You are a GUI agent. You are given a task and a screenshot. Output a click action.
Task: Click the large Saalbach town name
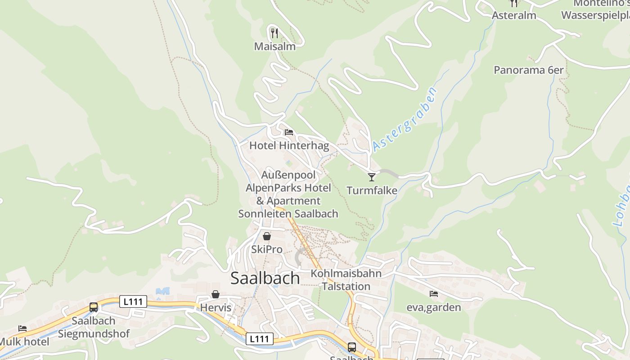click(265, 278)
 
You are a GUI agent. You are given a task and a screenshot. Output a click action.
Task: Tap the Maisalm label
click(274, 46)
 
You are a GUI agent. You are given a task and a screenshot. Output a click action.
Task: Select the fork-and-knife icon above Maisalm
click(274, 33)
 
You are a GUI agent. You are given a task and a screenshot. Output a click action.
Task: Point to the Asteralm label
click(514, 15)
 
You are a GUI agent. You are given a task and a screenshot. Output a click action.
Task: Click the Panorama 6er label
click(528, 70)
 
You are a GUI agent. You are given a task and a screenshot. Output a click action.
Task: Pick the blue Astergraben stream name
click(405, 119)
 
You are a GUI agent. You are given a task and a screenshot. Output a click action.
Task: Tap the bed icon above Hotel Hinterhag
click(289, 132)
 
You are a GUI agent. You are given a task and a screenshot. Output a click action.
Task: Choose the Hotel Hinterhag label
click(289, 146)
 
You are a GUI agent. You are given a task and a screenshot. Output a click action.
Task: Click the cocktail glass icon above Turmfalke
click(372, 177)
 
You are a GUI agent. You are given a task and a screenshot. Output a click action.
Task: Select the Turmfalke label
click(372, 191)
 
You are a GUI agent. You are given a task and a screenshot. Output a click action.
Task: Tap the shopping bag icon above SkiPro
click(267, 236)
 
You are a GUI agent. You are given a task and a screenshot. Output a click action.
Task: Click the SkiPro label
click(267, 249)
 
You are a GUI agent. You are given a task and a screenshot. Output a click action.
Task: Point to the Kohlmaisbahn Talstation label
click(346, 280)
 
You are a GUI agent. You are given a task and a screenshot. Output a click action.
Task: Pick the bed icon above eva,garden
click(434, 294)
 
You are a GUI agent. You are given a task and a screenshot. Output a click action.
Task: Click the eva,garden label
click(434, 308)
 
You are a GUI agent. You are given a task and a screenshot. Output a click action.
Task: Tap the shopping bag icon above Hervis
click(216, 294)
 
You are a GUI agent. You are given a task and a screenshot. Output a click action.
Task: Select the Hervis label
click(216, 308)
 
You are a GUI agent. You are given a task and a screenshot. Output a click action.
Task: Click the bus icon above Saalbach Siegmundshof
click(94, 307)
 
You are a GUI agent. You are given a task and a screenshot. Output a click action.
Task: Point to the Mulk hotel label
click(24, 342)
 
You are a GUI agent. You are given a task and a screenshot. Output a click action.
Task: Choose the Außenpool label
click(288, 175)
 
